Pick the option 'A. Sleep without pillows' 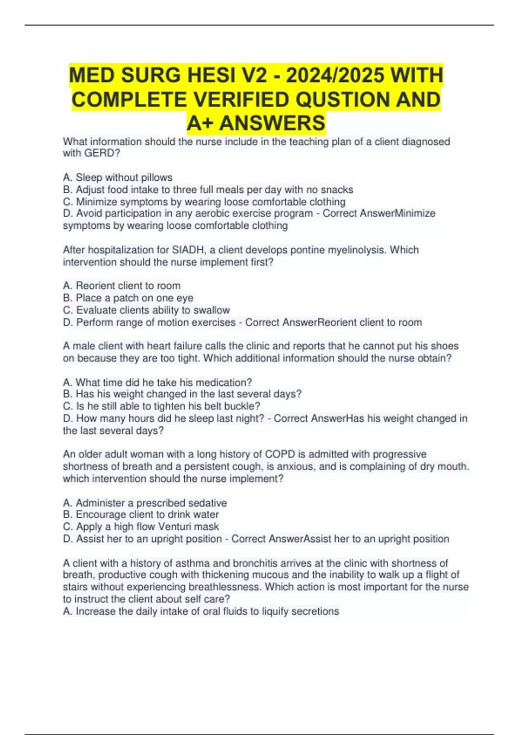[118, 177]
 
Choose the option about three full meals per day [208, 189]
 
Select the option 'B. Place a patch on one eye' [128, 298]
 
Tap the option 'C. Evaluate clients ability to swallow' [146, 310]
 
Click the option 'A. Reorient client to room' [122, 286]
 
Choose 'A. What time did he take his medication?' [157, 382]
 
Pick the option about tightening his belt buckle [161, 406]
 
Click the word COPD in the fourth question [279, 454]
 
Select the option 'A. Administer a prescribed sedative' [145, 503]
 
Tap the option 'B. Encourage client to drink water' [141, 514]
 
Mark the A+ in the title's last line [201, 123]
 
